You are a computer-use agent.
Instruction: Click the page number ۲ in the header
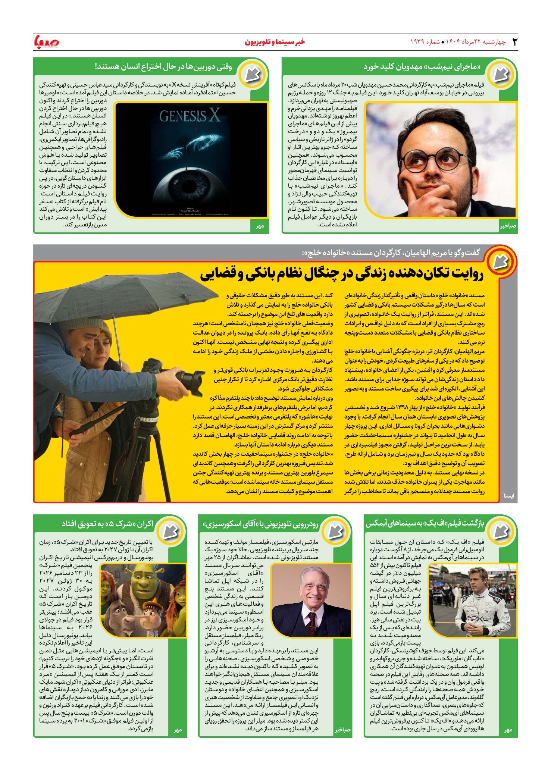pyautogui.click(x=514, y=42)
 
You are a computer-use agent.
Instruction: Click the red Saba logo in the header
pyautogui.click(x=46, y=41)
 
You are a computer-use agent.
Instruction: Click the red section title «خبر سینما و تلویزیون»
pyautogui.click(x=275, y=42)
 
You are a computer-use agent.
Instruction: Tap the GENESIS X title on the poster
pyautogui.click(x=190, y=116)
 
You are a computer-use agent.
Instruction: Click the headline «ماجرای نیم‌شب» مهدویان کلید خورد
pyautogui.click(x=422, y=67)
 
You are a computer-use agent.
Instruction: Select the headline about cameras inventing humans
pyautogui.click(x=163, y=67)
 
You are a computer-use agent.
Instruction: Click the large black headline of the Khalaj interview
pyautogui.click(x=342, y=274)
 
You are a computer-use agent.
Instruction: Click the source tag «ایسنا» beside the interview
pyautogui.click(x=508, y=496)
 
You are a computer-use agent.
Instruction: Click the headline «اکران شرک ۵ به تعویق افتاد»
pyautogui.click(x=107, y=524)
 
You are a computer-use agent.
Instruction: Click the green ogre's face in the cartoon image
pyautogui.click(x=145, y=582)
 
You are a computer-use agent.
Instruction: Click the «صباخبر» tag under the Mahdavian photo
pyautogui.click(x=508, y=226)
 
